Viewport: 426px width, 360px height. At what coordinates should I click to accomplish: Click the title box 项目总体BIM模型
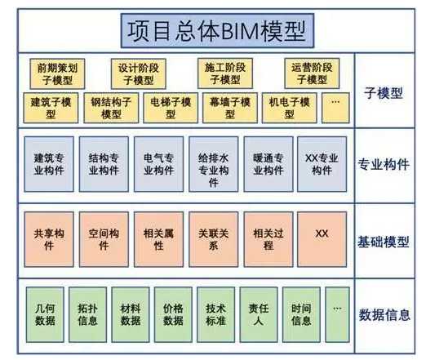pos(217,31)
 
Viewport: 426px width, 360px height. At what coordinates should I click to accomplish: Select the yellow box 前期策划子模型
pos(57,73)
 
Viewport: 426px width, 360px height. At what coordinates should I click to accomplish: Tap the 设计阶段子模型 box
pos(139,73)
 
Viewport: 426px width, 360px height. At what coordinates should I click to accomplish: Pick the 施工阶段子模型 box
pos(225,73)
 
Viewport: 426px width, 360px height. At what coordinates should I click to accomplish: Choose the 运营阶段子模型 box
pos(312,73)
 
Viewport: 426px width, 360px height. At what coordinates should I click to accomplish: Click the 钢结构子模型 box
pos(111,108)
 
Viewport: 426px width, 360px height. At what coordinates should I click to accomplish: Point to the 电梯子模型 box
pos(171,108)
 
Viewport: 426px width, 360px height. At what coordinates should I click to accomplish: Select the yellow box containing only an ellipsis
pos(335,108)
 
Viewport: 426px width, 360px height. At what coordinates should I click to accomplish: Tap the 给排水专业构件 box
pos(214,164)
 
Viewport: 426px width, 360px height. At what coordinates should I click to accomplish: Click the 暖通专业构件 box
pos(268,164)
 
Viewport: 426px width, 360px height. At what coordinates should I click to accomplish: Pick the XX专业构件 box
pos(322,164)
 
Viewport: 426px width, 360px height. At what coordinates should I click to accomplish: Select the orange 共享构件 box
pos(49,239)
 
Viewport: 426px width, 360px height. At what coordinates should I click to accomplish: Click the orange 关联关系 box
pos(214,239)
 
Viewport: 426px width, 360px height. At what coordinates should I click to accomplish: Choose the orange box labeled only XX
pos(322,239)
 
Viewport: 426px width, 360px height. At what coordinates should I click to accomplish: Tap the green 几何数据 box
pos(45,314)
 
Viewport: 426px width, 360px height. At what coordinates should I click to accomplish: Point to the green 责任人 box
pos(259,314)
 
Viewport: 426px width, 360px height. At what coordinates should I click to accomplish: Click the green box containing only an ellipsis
pos(337,314)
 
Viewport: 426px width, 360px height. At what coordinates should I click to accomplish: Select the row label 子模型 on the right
pos(384,93)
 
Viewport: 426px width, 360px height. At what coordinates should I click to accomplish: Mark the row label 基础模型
pos(384,242)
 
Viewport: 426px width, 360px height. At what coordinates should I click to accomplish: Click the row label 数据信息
pos(384,315)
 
